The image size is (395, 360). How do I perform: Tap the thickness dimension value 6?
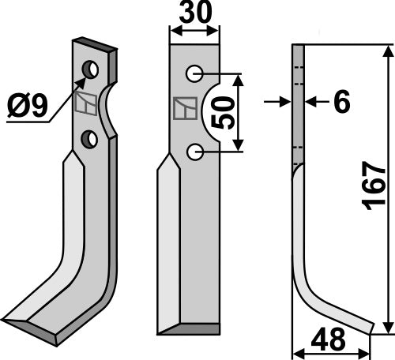(341, 102)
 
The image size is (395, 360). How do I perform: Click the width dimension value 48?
(331, 341)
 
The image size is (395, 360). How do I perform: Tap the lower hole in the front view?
(194, 151)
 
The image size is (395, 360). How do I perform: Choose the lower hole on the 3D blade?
(92, 140)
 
